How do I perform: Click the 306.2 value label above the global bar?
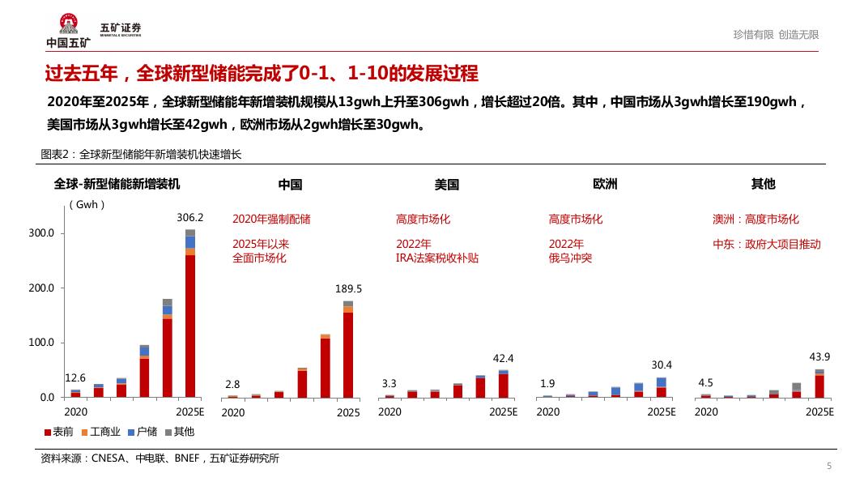click(x=189, y=217)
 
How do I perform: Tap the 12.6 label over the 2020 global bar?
click(x=75, y=377)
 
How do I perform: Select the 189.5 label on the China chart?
click(x=348, y=288)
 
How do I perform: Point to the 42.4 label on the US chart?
click(x=504, y=358)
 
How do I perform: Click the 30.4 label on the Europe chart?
click(x=662, y=364)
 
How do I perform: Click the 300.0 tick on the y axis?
click(x=40, y=233)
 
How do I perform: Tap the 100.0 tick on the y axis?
click(x=40, y=343)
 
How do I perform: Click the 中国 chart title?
click(x=290, y=185)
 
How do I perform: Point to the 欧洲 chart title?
click(x=605, y=185)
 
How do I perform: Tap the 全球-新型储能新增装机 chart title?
click(x=117, y=185)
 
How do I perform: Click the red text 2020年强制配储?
click(x=271, y=219)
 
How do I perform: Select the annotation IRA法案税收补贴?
click(x=437, y=258)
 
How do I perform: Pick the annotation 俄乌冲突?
click(x=570, y=258)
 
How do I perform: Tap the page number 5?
click(x=828, y=466)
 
